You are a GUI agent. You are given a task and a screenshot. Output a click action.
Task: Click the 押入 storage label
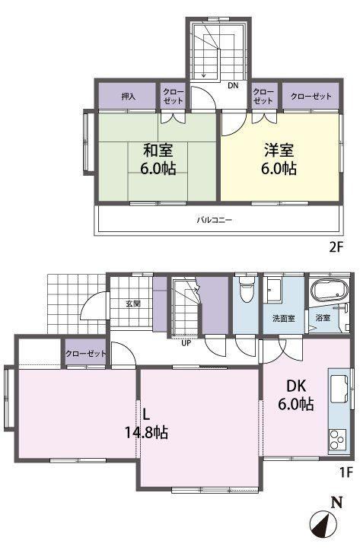(x=129, y=96)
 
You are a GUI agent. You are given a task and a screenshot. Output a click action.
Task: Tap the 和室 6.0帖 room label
(x=158, y=160)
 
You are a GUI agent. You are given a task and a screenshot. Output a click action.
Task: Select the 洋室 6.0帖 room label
(x=279, y=159)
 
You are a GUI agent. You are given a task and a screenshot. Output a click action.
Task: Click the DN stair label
(x=233, y=85)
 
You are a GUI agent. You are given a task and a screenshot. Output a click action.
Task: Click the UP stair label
(x=186, y=343)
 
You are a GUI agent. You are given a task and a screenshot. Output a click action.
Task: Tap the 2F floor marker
(x=335, y=247)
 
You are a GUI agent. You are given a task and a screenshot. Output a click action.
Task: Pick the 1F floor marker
(x=346, y=472)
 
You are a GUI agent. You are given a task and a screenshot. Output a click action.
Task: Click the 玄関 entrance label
(x=133, y=304)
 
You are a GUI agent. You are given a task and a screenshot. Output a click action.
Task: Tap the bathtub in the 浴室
(x=330, y=291)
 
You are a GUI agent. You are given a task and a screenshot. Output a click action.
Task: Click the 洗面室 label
(x=284, y=319)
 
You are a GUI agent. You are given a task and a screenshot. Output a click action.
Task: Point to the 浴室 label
(x=323, y=318)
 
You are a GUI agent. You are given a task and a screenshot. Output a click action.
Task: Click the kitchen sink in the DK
(x=339, y=389)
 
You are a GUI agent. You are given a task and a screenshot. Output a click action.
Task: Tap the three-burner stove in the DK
(x=337, y=440)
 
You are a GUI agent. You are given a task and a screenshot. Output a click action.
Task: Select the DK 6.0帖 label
(x=296, y=395)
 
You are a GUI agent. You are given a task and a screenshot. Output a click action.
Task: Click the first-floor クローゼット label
(x=85, y=354)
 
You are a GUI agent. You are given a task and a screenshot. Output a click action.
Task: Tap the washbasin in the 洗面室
(x=273, y=290)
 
